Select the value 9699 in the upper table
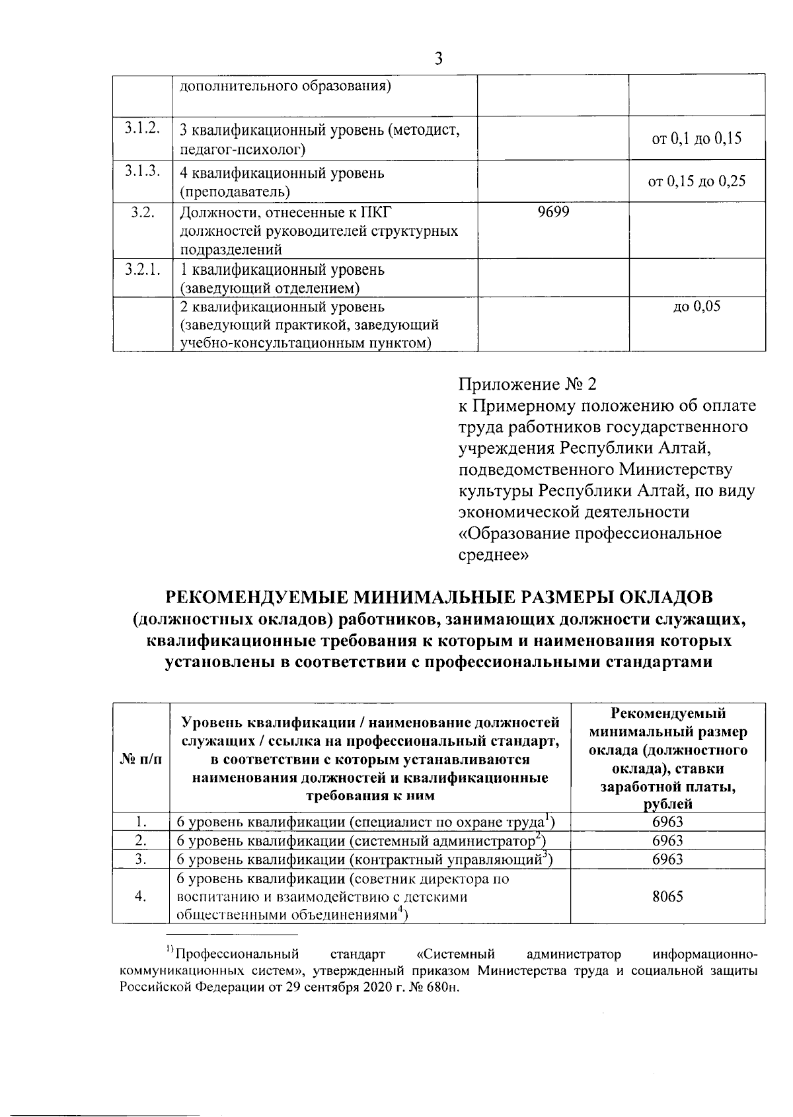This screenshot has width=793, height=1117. tap(553, 212)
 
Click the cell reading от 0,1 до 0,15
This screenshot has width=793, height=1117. tap(697, 139)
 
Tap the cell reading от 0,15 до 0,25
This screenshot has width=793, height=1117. tap(697, 181)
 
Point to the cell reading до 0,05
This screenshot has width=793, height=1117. tap(697, 306)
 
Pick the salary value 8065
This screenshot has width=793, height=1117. tap(667, 896)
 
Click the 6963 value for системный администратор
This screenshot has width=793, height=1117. tap(667, 841)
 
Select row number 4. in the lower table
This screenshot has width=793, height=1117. tap(140, 896)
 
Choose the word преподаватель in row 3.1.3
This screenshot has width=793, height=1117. tap(235, 192)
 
